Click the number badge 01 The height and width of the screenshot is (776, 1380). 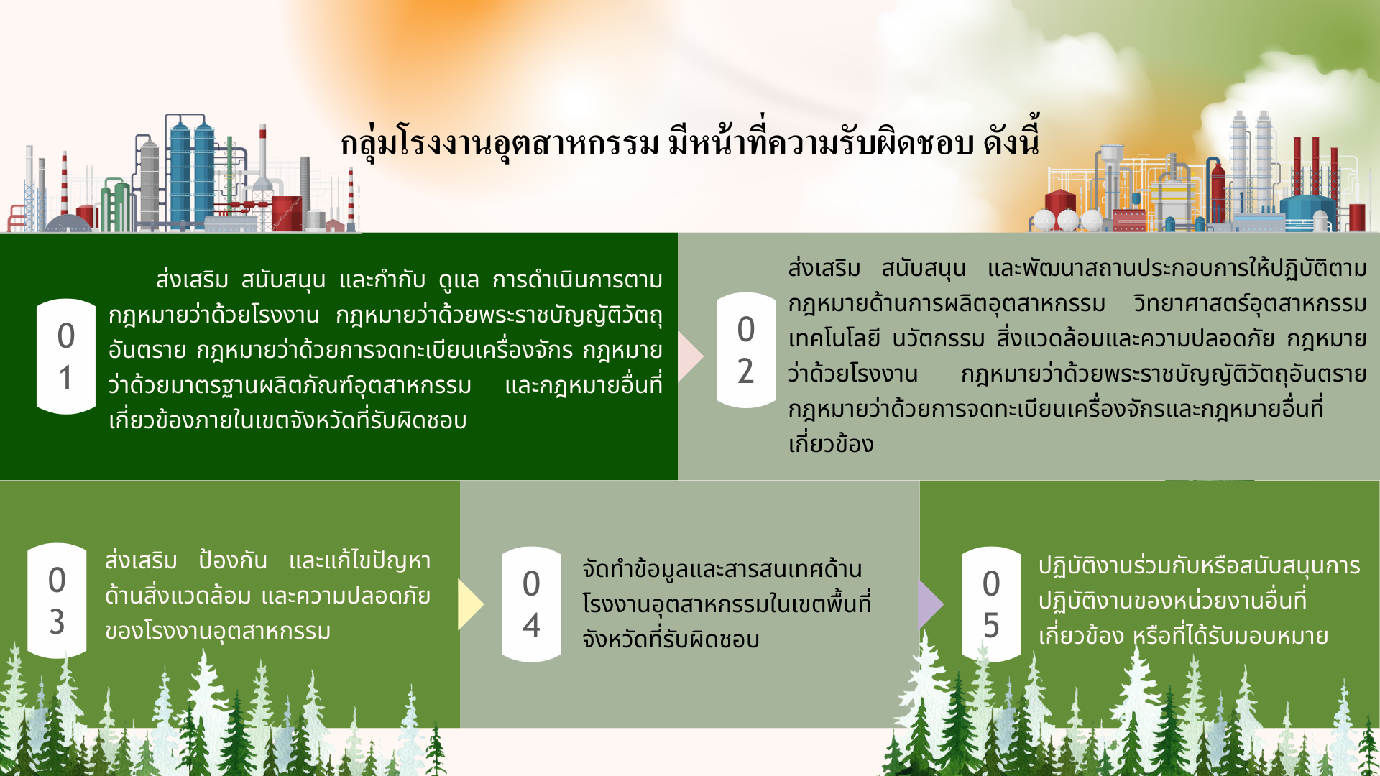[x=66, y=356]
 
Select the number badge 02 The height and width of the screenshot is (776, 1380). [x=746, y=350]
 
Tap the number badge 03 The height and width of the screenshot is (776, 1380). [x=57, y=601]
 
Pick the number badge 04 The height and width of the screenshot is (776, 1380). [x=531, y=604]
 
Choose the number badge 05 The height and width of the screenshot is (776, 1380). [x=991, y=604]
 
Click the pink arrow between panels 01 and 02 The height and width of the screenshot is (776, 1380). [x=690, y=356]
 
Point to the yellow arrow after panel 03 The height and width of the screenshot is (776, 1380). [x=471, y=604]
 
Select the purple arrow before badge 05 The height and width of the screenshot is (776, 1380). [x=931, y=604]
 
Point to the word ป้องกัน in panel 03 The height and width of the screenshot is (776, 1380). [x=233, y=560]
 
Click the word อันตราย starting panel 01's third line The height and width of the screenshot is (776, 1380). [x=147, y=350]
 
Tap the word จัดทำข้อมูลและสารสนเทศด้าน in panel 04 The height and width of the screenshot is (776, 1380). [x=722, y=568]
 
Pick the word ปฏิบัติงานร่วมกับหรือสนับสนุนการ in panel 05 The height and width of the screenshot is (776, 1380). [x=1199, y=565]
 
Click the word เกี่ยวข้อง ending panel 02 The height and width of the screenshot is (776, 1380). [x=831, y=444]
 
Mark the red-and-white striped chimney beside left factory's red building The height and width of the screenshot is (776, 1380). [x=351, y=198]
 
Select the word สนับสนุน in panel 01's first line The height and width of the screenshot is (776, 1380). [x=283, y=280]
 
